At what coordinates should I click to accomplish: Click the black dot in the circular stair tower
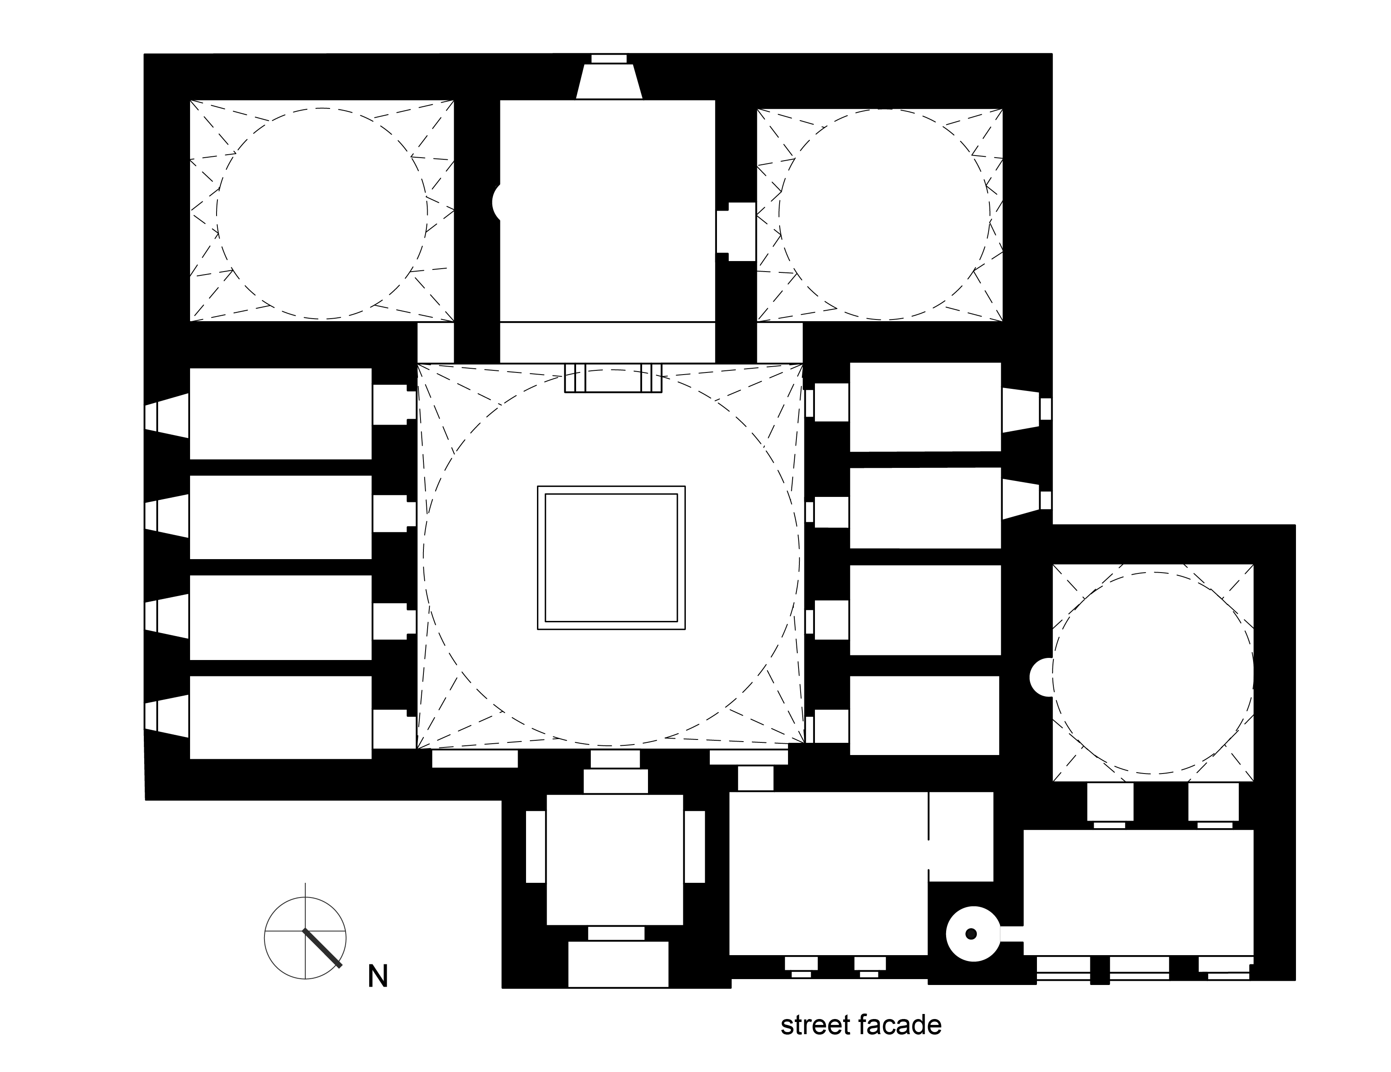click(x=971, y=934)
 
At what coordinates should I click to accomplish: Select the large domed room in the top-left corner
click(x=322, y=211)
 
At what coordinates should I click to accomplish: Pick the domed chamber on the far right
click(x=1153, y=673)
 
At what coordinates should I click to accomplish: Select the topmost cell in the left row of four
click(x=280, y=413)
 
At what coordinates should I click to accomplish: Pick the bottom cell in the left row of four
click(x=280, y=718)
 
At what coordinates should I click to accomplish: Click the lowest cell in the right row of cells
click(x=924, y=716)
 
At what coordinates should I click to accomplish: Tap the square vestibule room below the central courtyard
click(x=615, y=859)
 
